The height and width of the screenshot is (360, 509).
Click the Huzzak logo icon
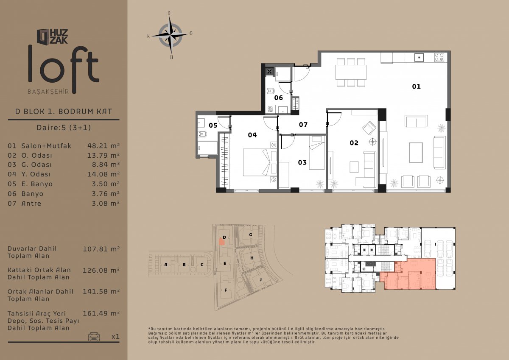pyautogui.click(x=43, y=36)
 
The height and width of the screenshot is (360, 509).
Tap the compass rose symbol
pyautogui.click(x=171, y=35)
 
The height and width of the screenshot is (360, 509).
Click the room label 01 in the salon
pyautogui.click(x=416, y=87)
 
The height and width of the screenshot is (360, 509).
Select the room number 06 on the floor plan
pyautogui.click(x=278, y=98)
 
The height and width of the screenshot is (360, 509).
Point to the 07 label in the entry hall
pyautogui.click(x=303, y=125)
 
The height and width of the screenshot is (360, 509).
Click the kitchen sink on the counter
pyautogui.click(x=419, y=57)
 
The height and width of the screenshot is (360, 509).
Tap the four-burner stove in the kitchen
pyautogui.click(x=439, y=57)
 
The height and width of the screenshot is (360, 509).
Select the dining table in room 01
pyautogui.click(x=351, y=72)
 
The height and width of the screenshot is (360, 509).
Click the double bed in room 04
pyautogui.click(x=257, y=162)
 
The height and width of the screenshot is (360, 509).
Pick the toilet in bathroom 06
pyautogui.click(x=270, y=91)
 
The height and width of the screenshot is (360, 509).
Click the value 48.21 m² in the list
pyautogui.click(x=103, y=145)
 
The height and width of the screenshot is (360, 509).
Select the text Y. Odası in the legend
pyautogui.click(x=36, y=174)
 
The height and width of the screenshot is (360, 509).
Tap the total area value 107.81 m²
pyautogui.click(x=101, y=249)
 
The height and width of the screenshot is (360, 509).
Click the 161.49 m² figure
pyautogui.click(x=101, y=313)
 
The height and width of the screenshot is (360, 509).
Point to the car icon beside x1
pyautogui.click(x=94, y=336)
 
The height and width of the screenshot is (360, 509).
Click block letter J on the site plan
pyautogui.click(x=260, y=279)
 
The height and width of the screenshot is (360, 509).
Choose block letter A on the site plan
pyautogui.click(x=166, y=264)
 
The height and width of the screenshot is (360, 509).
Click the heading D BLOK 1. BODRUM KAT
pyautogui.click(x=64, y=112)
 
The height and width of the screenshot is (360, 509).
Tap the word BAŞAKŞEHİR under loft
pyautogui.click(x=48, y=92)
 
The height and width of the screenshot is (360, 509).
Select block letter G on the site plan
pyautogui.click(x=251, y=234)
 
